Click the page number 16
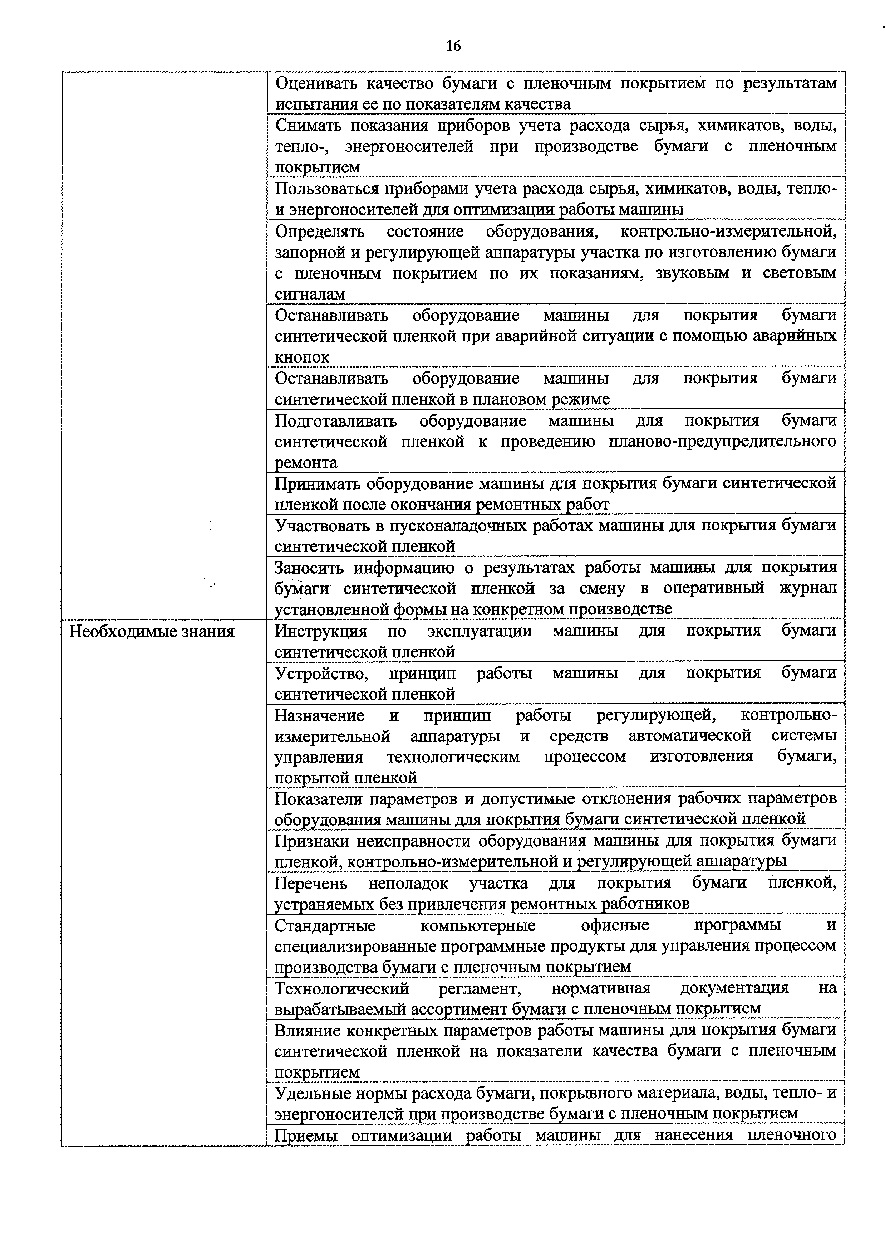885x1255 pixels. coord(453,46)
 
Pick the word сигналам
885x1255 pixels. coord(310,295)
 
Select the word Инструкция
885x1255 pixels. coord(321,631)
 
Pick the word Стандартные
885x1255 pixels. coord(325,925)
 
